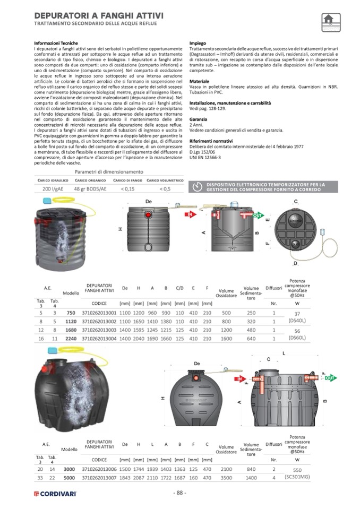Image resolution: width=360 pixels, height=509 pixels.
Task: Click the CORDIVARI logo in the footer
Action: coord(56,494)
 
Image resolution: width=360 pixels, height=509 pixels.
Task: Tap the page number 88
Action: coord(179,493)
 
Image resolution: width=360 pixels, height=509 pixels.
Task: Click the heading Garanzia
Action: coord(199,120)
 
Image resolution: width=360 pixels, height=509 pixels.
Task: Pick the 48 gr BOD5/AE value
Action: coord(90,188)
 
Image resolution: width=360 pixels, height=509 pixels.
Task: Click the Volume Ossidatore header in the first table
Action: coord(226,294)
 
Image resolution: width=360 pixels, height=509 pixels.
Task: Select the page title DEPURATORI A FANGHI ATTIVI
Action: coord(99,16)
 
